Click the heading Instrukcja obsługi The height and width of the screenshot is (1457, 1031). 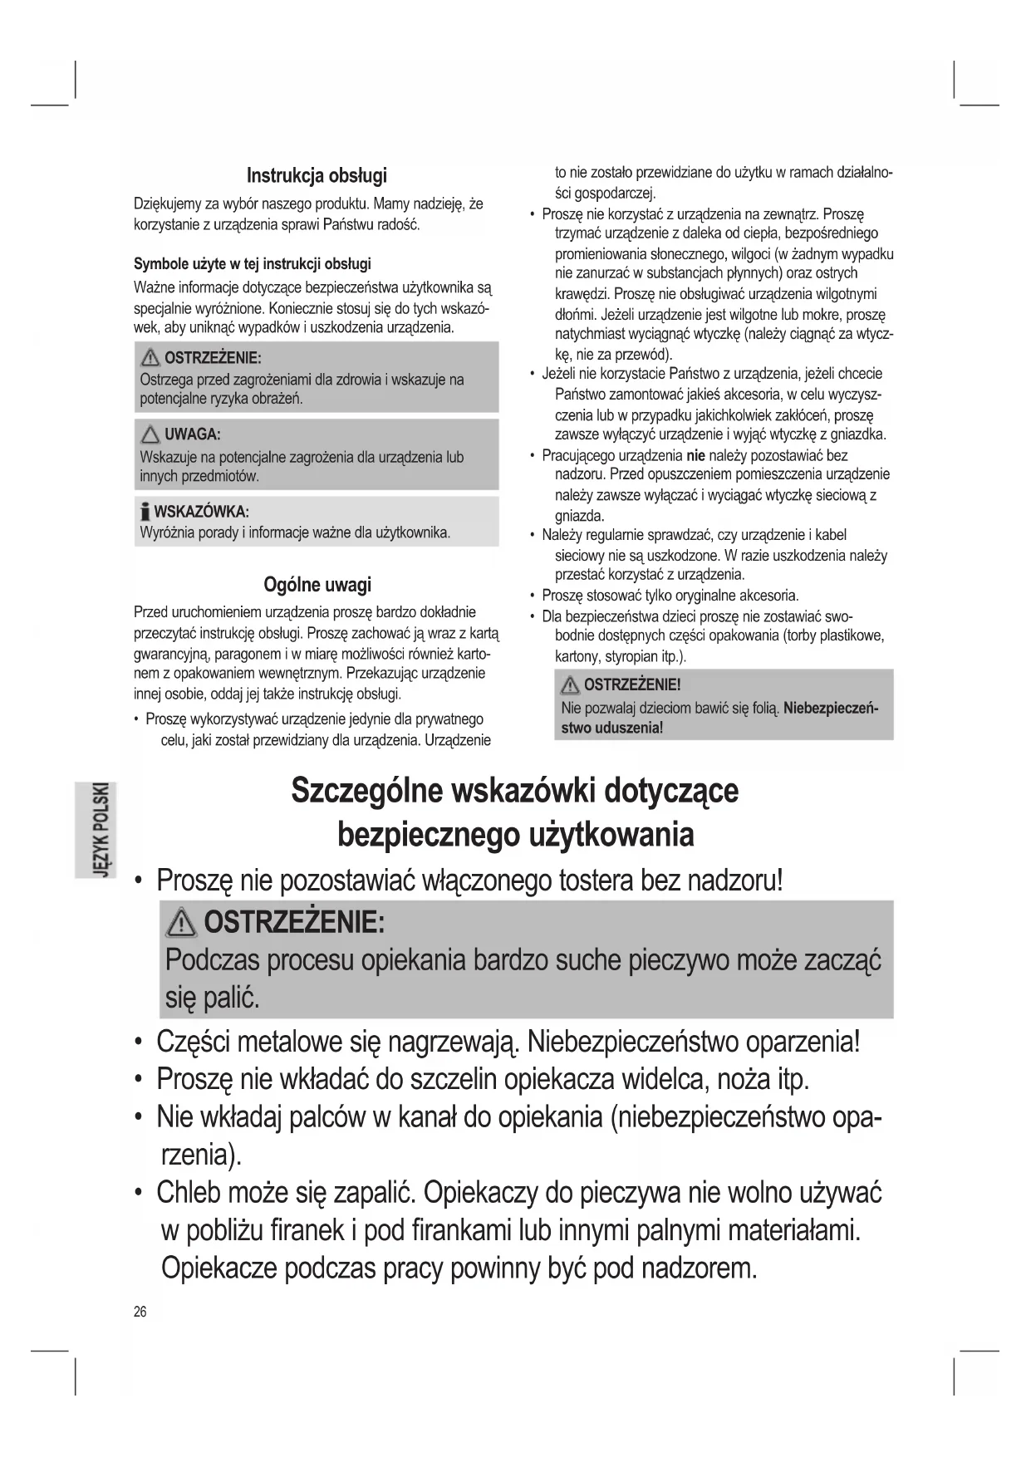pos(317,175)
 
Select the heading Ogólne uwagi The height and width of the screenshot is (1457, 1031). pos(317,584)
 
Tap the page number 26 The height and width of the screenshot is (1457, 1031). pos(140,1312)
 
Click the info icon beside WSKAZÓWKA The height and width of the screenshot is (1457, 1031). pos(145,511)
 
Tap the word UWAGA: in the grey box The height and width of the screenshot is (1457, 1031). pos(192,434)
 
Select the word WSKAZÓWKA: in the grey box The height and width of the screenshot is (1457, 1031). pos(201,511)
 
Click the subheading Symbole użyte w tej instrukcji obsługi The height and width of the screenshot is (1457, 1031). pos(253,264)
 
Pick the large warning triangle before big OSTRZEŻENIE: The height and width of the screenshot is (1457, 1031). pos(180,923)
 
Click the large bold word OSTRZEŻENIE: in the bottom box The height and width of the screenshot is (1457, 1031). pos(293,922)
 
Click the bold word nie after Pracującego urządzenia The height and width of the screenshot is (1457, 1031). pos(695,455)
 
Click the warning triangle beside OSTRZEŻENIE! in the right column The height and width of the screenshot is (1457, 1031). pos(570,685)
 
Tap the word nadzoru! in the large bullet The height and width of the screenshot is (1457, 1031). pos(735,880)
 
